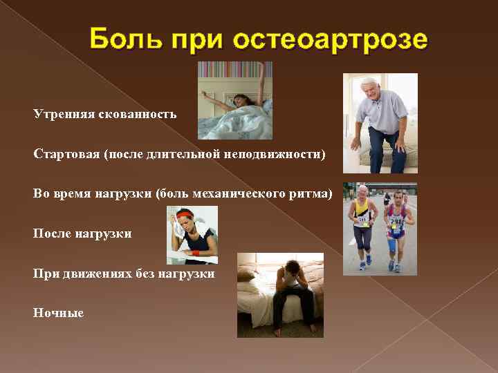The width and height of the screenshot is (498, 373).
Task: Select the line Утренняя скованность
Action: [104, 113]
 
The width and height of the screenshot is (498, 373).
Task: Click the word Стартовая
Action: [66, 153]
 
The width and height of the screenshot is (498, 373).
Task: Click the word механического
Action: [258, 193]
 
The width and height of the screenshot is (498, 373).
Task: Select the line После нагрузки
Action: [82, 233]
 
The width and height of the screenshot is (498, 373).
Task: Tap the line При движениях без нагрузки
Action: [124, 274]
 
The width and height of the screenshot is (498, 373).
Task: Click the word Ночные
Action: [58, 313]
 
